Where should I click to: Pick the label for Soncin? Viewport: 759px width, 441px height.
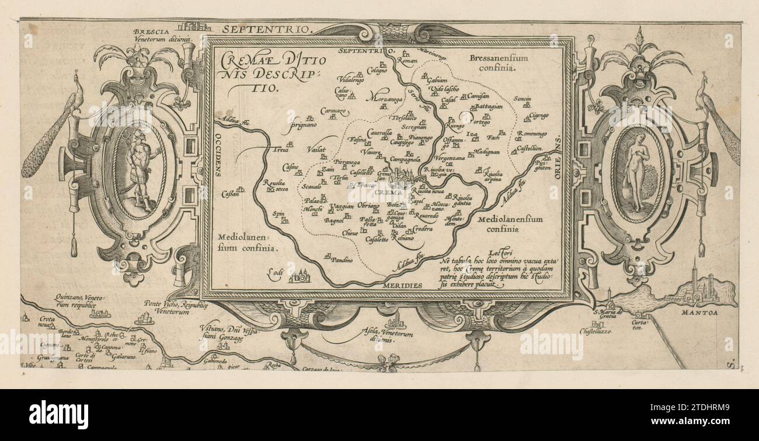point(522,99)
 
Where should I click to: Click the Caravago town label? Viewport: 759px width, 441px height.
point(333,110)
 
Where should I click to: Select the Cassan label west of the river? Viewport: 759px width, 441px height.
point(231,194)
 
